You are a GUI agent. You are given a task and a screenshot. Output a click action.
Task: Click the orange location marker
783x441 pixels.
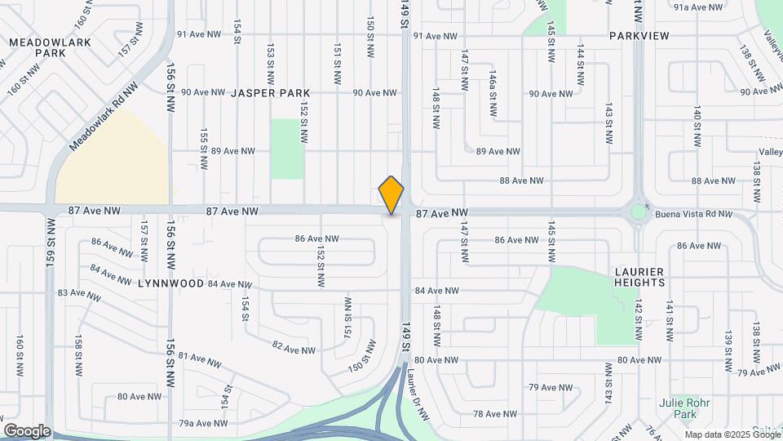pyautogui.click(x=391, y=194)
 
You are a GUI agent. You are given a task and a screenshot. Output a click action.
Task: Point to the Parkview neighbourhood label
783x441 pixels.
pyautogui.click(x=639, y=36)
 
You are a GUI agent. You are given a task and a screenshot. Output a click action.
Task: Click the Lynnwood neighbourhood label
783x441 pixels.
pyautogui.click(x=170, y=283)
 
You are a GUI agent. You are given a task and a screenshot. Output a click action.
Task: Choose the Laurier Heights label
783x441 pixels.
pyautogui.click(x=640, y=277)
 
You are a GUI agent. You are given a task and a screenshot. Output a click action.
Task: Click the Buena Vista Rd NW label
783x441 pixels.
pyautogui.click(x=693, y=214)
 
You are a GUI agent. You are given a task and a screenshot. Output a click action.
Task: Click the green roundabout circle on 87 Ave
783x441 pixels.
pyautogui.click(x=638, y=212)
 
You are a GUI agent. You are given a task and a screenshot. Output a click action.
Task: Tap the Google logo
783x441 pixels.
pyautogui.click(x=27, y=431)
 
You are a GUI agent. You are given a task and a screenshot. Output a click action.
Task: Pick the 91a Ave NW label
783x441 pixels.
pyautogui.click(x=698, y=7)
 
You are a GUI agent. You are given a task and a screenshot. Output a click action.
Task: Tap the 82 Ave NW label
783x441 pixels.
pyautogui.click(x=294, y=348)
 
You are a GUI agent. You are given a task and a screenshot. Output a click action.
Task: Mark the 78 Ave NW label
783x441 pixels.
pyautogui.click(x=494, y=414)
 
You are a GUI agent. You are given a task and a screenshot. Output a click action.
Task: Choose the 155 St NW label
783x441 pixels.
pyautogui.click(x=204, y=141)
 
